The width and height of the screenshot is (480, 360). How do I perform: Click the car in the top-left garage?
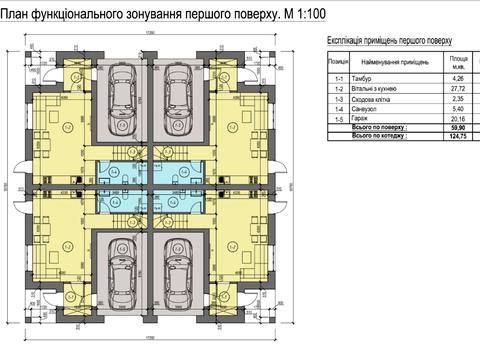point(124,91)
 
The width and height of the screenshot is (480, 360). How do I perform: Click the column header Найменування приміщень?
point(394,62)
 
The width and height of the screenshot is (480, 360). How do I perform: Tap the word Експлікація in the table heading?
point(349,41)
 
